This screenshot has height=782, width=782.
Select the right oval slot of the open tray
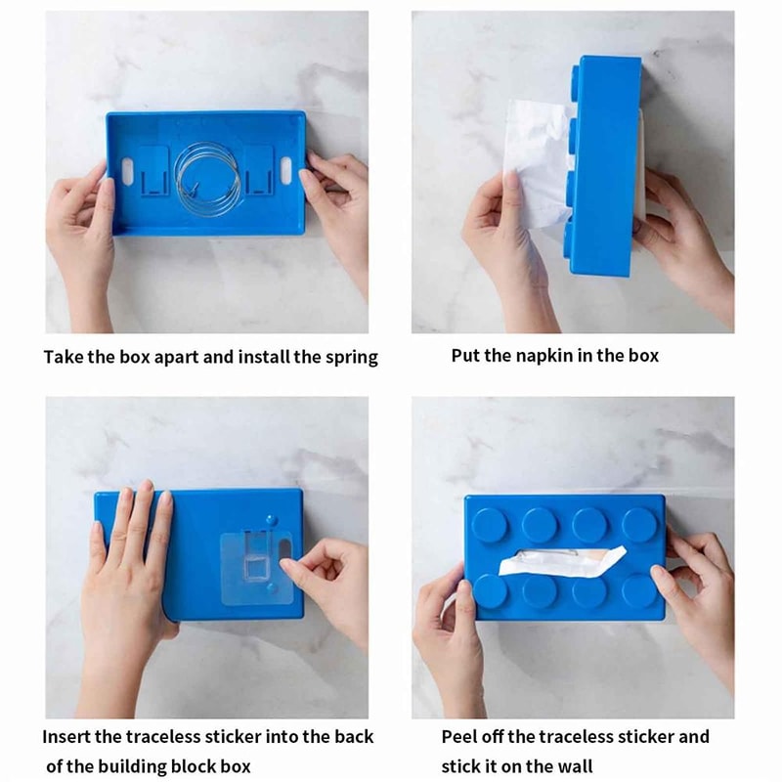(x=285, y=172)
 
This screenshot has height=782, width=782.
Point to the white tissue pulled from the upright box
(x=536, y=161)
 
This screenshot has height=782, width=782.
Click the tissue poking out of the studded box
(x=562, y=562)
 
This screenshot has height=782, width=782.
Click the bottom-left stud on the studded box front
(x=490, y=590)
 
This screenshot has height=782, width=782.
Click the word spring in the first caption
(x=352, y=358)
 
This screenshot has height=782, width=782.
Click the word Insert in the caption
(x=66, y=737)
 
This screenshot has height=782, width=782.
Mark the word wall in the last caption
(x=575, y=765)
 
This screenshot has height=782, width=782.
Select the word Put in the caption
(x=465, y=356)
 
